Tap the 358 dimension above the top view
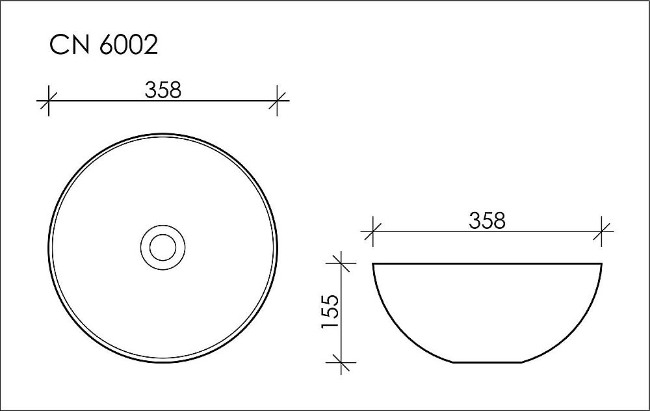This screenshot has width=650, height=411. pyautogui.click(x=163, y=90)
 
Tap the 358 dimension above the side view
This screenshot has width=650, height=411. pyautogui.click(x=487, y=221)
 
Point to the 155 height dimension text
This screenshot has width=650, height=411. pyautogui.click(x=330, y=312)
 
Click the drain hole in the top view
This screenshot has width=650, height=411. pyautogui.click(x=162, y=247)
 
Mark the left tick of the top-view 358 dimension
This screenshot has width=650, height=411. pyautogui.click(x=47, y=101)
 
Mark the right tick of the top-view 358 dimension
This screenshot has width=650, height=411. pyautogui.click(x=278, y=101)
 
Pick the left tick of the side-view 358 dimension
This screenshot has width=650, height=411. pyautogui.click(x=372, y=231)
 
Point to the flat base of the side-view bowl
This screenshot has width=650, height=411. pyautogui.click(x=487, y=362)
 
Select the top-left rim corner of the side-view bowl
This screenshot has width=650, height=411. pyautogui.click(x=372, y=263)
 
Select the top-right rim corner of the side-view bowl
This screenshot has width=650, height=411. pyautogui.click(x=602, y=263)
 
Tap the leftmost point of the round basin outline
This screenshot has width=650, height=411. pyautogui.click(x=47, y=247)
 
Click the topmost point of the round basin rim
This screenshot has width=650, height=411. pyautogui.click(x=162, y=133)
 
